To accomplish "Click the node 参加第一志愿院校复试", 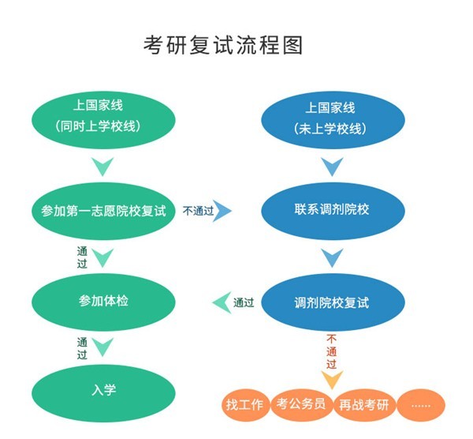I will [x=103, y=211].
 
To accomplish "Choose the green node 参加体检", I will [x=103, y=302].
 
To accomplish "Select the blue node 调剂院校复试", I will [x=331, y=302].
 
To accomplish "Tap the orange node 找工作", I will [x=244, y=405].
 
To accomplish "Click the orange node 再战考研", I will [x=363, y=405].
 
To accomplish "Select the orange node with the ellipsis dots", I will [x=421, y=405].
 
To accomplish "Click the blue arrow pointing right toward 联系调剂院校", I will [x=224, y=211].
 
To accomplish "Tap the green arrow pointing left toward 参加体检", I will [x=221, y=302].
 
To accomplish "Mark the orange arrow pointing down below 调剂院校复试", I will [x=331, y=380].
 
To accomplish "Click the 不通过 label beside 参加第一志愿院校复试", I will [x=198, y=211].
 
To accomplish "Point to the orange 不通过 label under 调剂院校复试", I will [x=331, y=351].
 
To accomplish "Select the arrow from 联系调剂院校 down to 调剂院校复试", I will [x=331, y=257].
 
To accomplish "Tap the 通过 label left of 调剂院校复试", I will [x=244, y=302].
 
